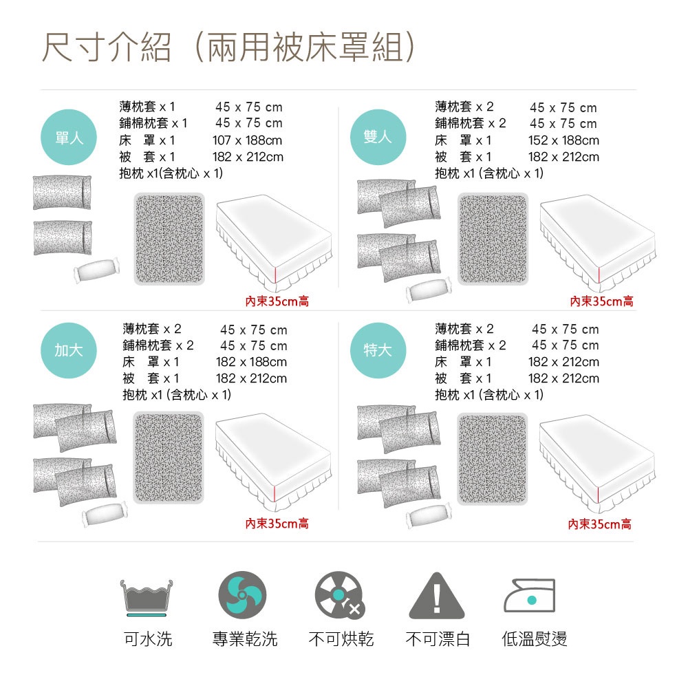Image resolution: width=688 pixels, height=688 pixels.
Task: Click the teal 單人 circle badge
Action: pyautogui.click(x=69, y=136)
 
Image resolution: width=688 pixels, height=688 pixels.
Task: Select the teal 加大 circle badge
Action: pyautogui.click(x=69, y=350)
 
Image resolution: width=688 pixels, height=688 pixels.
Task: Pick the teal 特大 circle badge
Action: pyautogui.click(x=378, y=350)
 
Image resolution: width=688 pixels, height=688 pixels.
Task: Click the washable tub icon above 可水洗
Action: pyautogui.click(x=147, y=596)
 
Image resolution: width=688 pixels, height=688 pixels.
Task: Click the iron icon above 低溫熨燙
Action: pyautogui.click(x=530, y=596)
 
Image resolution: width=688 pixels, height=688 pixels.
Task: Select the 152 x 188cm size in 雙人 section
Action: pyautogui.click(x=563, y=140)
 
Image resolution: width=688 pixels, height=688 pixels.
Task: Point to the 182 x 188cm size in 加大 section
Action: pyautogui.click(x=251, y=362)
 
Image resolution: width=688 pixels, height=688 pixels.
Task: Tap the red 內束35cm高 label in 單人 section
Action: pyautogui.click(x=277, y=301)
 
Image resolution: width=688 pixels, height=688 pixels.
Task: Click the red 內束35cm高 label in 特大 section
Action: pyautogui.click(x=599, y=524)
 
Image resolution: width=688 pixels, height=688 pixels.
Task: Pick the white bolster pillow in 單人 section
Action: pyautogui.click(x=97, y=271)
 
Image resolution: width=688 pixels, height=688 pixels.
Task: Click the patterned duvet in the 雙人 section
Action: pyautogui.click(x=493, y=239)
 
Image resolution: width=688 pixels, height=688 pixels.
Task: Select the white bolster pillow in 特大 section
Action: pyautogui.click(x=429, y=517)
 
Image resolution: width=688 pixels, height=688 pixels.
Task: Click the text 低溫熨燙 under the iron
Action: pyautogui.click(x=535, y=639)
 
